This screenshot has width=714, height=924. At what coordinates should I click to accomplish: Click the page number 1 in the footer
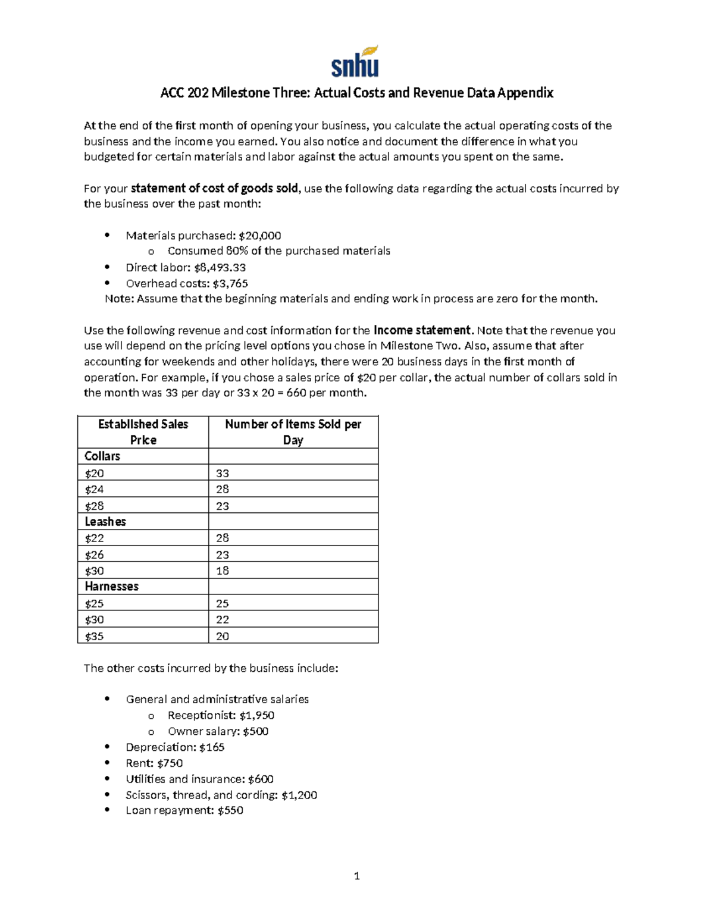tap(356, 876)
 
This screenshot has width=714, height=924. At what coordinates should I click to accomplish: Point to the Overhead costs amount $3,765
tap(230, 284)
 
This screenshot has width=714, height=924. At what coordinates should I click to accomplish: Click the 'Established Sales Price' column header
tap(143, 432)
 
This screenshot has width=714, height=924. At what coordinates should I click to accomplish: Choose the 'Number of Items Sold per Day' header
tap(293, 432)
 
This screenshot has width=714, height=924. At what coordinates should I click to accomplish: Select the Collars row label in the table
tap(102, 456)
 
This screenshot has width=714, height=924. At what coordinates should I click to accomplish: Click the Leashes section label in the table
tap(105, 522)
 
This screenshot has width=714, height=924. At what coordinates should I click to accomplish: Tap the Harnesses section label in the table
tap(111, 587)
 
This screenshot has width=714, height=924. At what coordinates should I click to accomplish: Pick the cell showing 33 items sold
tap(223, 474)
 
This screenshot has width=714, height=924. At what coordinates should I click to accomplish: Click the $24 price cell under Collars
tap(94, 490)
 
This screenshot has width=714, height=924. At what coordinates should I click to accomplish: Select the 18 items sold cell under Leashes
tap(223, 571)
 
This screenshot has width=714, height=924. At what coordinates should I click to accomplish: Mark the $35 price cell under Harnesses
tap(94, 636)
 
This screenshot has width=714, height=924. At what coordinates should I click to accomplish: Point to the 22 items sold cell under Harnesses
tap(223, 619)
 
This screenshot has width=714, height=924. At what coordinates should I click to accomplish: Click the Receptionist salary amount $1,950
tap(256, 716)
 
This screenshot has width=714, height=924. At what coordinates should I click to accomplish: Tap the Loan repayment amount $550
tap(230, 810)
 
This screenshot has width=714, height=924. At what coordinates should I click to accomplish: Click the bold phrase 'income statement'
tap(422, 330)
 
